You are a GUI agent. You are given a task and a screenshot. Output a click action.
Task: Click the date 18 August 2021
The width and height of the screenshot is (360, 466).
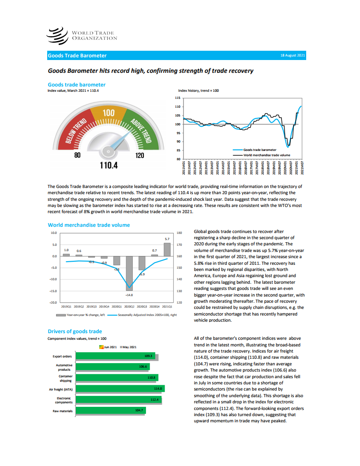tap(293, 56)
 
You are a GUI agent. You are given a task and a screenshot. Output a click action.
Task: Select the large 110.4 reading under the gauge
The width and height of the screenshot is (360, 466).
tap(105, 165)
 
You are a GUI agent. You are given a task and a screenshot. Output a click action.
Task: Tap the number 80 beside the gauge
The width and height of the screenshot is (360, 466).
tap(78, 155)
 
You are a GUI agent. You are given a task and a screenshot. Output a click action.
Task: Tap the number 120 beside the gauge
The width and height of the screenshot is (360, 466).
tap(140, 155)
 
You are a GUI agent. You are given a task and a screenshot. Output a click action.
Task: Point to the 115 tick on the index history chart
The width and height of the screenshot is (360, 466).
tap(178, 98)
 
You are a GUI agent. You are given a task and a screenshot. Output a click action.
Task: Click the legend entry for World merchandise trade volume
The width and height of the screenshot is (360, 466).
tap(266, 155)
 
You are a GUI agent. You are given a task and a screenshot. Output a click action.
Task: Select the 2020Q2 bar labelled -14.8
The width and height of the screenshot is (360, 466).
tap(129, 272)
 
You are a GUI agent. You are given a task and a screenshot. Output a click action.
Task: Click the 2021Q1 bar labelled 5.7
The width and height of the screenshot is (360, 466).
tap(167, 249)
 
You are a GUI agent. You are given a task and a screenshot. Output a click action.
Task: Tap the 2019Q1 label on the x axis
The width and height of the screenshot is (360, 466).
tap(66, 305)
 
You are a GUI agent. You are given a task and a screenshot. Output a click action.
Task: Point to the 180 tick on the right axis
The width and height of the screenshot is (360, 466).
tap(179, 233)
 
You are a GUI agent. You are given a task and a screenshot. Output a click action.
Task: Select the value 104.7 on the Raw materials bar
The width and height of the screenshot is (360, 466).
tap(140, 410)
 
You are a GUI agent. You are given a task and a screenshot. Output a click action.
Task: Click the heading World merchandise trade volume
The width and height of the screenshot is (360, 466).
tap(89, 225)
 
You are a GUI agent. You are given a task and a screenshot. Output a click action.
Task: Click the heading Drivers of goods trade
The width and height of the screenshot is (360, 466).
tap(75, 331)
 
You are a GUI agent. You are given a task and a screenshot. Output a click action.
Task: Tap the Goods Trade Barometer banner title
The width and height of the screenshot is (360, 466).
tap(77, 56)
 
